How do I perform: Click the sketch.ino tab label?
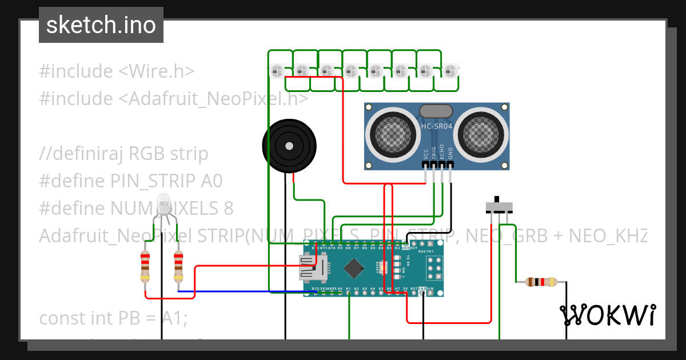click(x=101, y=25)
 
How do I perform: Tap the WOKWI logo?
click(x=608, y=315)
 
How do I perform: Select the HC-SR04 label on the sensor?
click(x=437, y=125)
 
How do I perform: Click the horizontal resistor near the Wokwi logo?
click(x=540, y=282)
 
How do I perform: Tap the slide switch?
click(x=498, y=206)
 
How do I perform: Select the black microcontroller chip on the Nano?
click(x=355, y=266)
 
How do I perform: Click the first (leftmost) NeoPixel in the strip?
click(x=277, y=71)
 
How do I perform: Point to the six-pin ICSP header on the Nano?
click(x=433, y=267)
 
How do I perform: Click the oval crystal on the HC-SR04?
click(x=436, y=111)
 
